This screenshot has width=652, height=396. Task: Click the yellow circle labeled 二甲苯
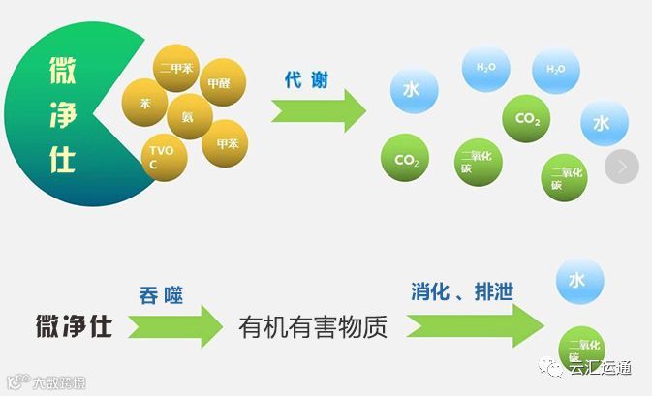point(177,70)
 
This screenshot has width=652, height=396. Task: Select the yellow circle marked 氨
point(190,116)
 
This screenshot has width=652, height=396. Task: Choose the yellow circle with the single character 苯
point(145,103)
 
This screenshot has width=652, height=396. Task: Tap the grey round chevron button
point(622,166)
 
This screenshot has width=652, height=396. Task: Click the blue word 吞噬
point(161,293)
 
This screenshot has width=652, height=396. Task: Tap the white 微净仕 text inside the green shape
point(62,115)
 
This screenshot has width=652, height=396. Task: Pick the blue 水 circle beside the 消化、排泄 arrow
point(578,281)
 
